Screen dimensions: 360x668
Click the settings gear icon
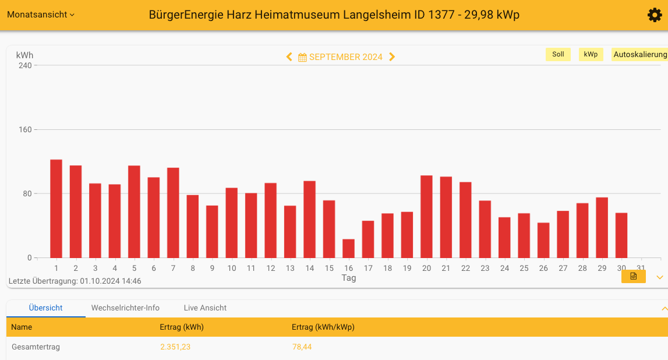pyautogui.click(x=655, y=15)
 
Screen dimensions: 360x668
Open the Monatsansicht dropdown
pyautogui.click(x=41, y=15)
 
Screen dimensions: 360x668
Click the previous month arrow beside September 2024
pyautogui.click(x=289, y=57)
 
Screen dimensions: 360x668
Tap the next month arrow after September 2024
pyautogui.click(x=392, y=57)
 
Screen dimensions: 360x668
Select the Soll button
pyautogui.click(x=558, y=54)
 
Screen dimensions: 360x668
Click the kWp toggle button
pyautogui.click(x=591, y=54)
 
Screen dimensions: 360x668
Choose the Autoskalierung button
pyautogui.click(x=639, y=54)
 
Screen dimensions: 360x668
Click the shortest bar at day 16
pyautogui.click(x=348, y=249)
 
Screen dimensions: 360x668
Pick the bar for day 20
pyautogui.click(x=426, y=217)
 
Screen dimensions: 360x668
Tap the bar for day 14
pyautogui.click(x=309, y=220)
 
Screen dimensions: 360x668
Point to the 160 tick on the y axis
pyautogui.click(x=24, y=129)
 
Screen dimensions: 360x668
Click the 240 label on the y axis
pyautogui.click(x=24, y=65)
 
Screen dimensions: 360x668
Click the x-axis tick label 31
pyautogui.click(x=641, y=268)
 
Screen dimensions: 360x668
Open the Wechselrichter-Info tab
pyautogui.click(x=125, y=308)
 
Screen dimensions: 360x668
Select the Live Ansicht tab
pyautogui.click(x=205, y=308)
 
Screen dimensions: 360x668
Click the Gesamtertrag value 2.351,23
pyautogui.click(x=175, y=347)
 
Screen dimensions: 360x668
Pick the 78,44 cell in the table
pyautogui.click(x=302, y=347)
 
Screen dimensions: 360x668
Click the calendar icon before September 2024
pyautogui.click(x=302, y=57)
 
